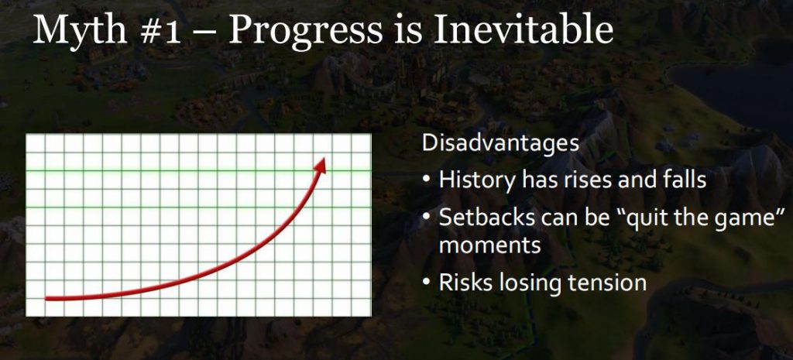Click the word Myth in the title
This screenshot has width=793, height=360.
(80, 29)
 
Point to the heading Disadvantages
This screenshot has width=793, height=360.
(501, 143)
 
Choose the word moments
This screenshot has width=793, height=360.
(489, 246)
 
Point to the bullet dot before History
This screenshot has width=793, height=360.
(427, 180)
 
